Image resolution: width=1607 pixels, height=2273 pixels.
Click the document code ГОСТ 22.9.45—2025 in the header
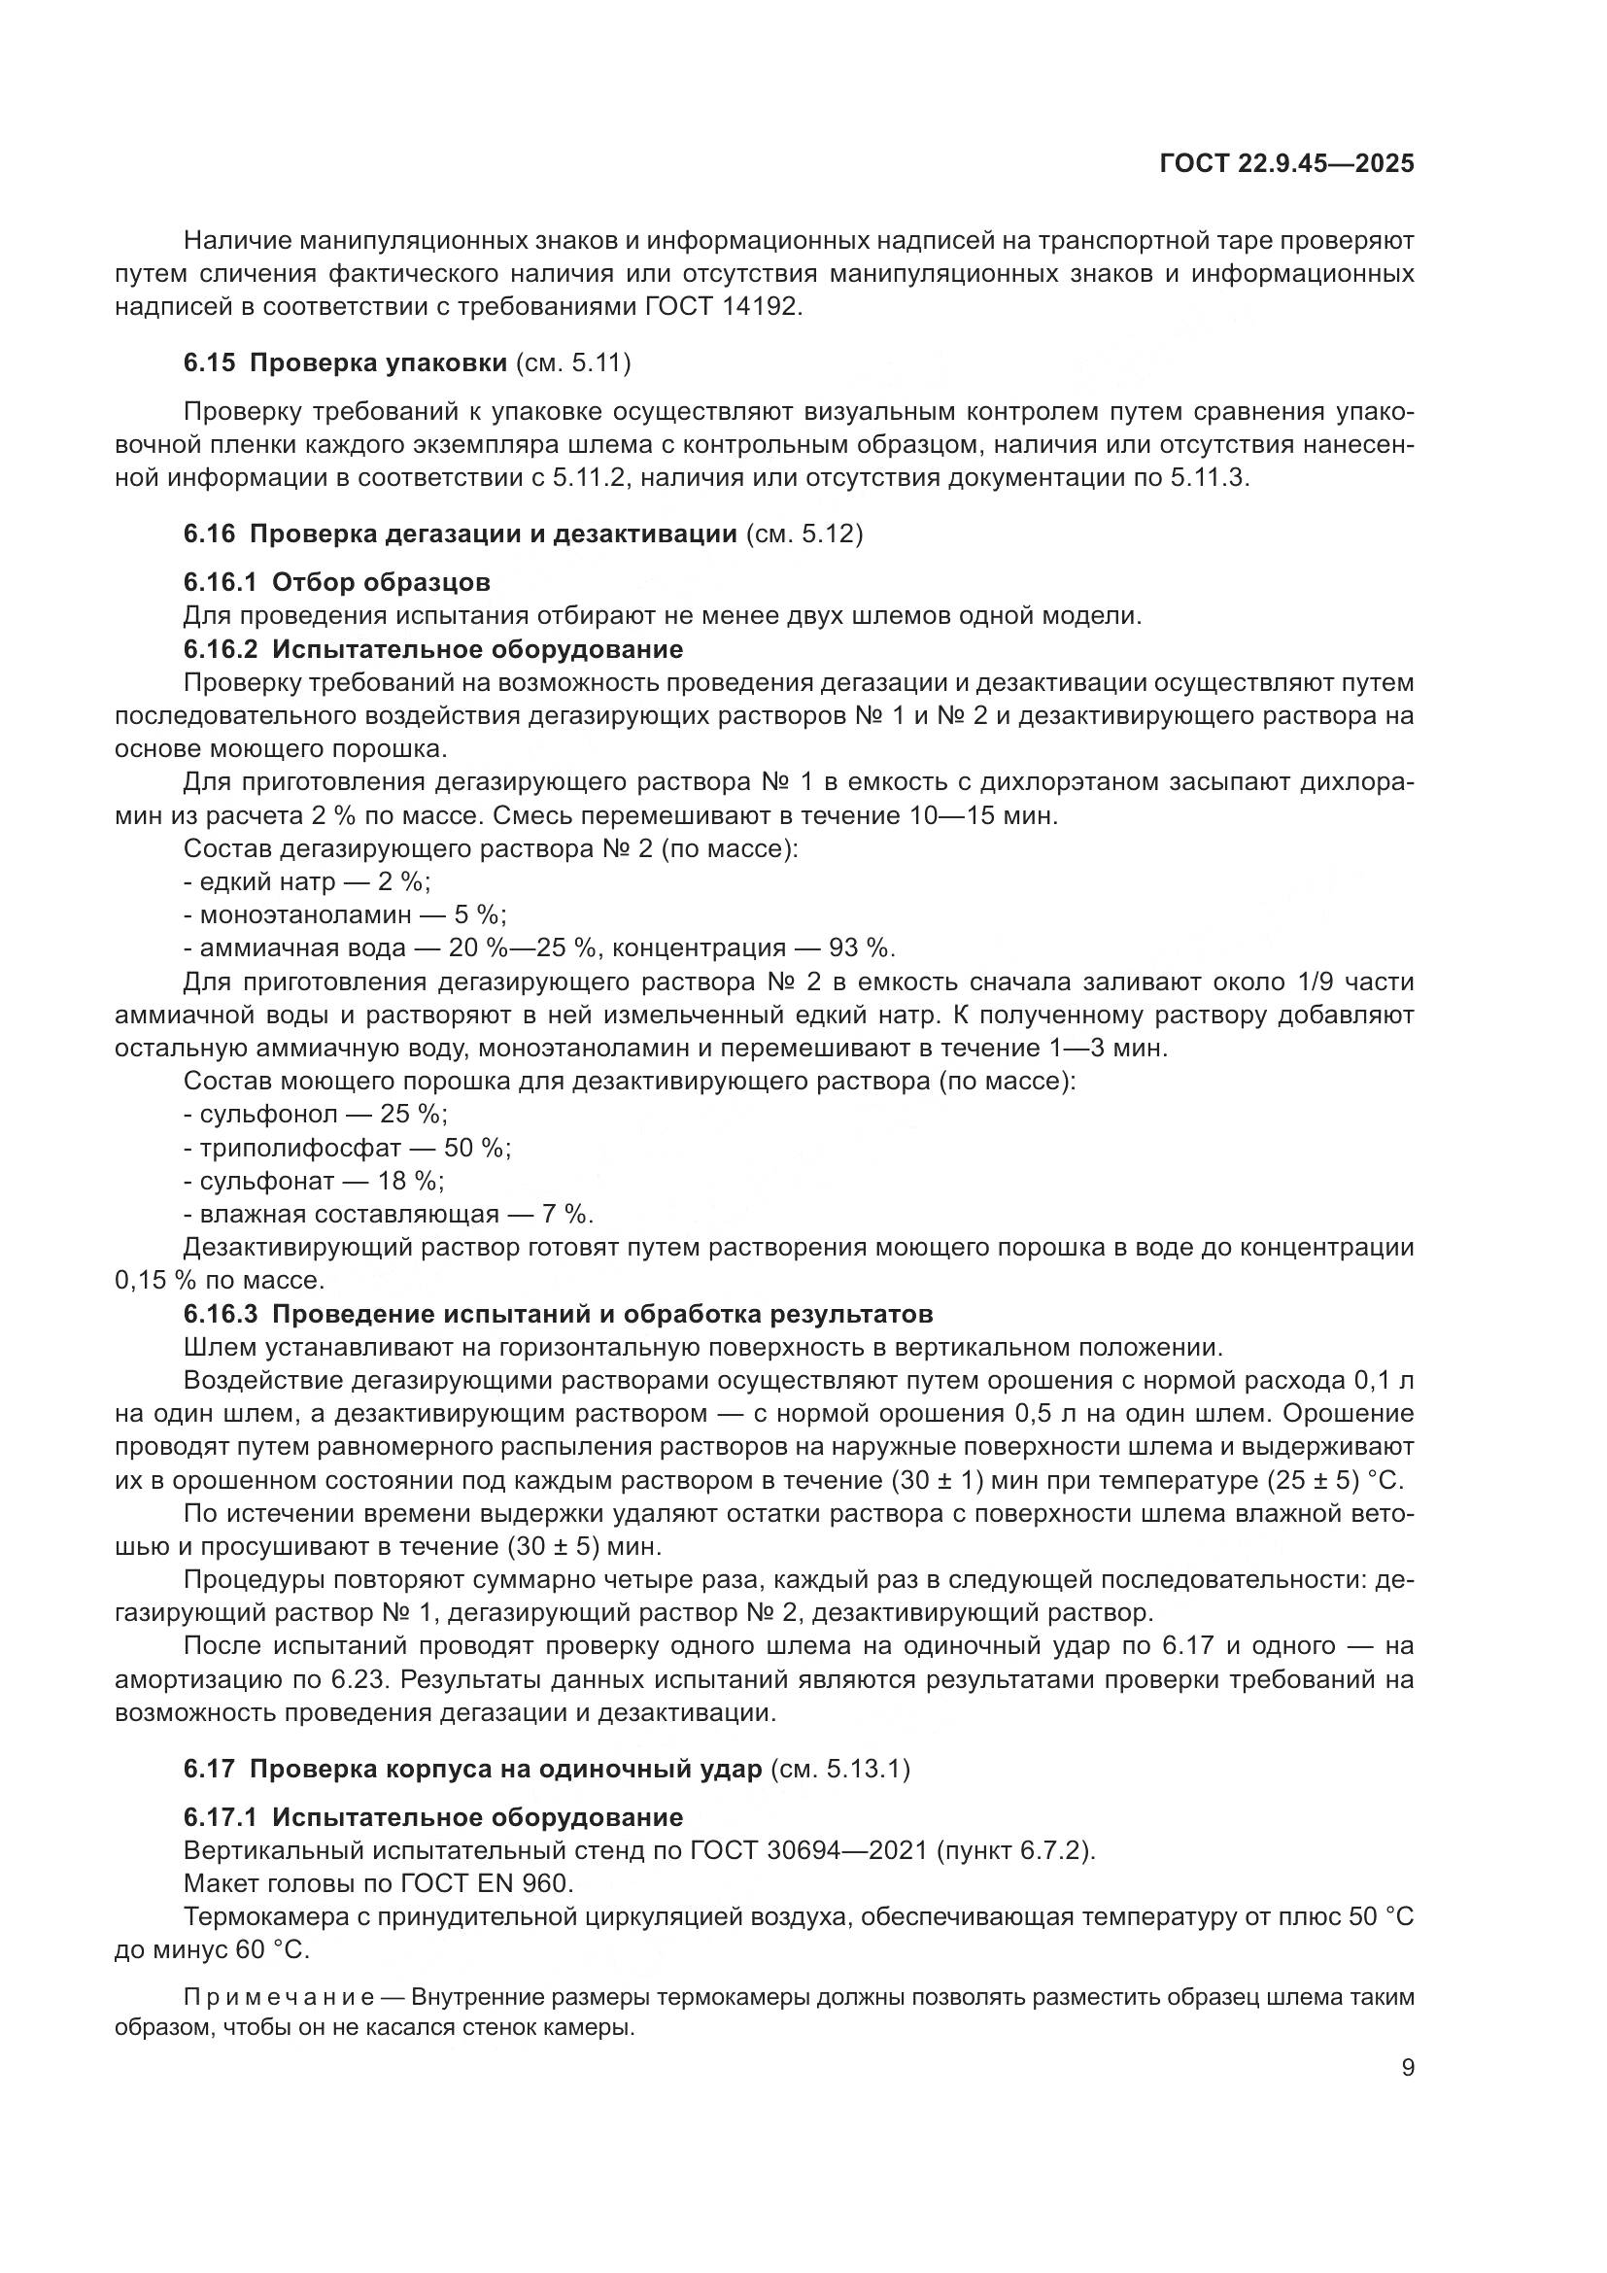point(1286,164)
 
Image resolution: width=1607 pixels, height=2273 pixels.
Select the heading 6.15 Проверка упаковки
point(380,363)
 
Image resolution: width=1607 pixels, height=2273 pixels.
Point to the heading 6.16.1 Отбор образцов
point(336,582)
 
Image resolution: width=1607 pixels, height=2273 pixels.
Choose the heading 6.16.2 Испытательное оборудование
point(432,649)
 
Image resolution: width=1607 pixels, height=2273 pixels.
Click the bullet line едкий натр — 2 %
point(307,881)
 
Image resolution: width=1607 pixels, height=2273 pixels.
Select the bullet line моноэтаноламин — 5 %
point(345,914)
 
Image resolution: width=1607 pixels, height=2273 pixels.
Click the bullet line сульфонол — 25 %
point(316,1115)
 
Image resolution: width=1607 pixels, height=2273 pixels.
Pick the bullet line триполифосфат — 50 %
point(347,1149)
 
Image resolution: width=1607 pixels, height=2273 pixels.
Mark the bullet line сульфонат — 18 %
point(314,1181)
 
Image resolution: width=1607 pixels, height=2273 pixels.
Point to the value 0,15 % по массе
point(220,1281)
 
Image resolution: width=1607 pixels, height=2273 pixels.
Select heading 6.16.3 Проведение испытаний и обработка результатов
point(557,1315)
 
